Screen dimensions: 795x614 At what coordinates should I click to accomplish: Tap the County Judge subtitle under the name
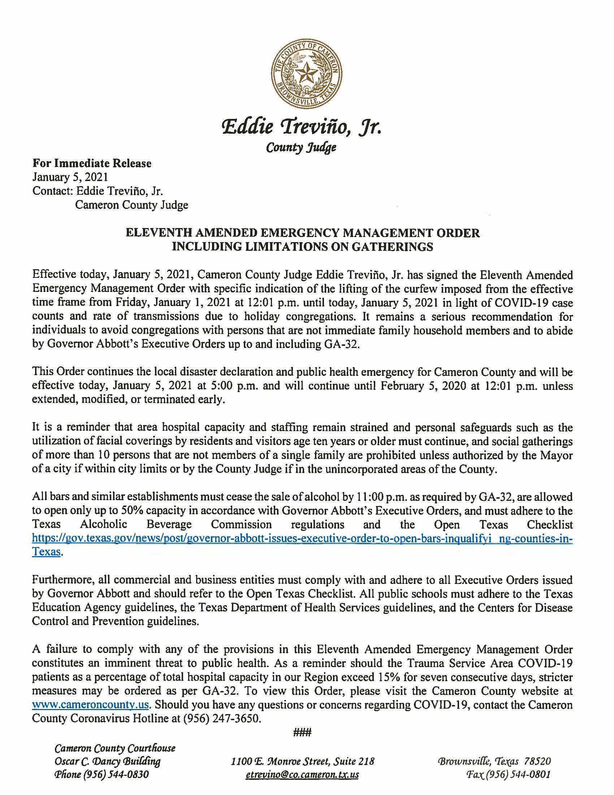301,147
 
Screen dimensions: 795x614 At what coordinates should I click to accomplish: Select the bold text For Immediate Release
92,163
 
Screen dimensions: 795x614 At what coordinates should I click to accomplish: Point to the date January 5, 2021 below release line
70,177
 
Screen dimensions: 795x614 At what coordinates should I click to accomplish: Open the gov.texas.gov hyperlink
302,538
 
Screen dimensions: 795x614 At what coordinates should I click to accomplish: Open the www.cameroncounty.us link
90,705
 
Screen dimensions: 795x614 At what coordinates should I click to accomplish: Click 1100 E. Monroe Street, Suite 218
303,761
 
